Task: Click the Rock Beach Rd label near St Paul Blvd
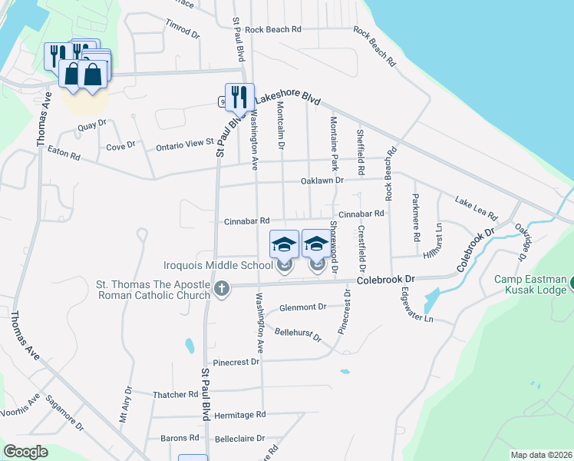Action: pos(273,29)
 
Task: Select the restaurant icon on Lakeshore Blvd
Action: pos(239,97)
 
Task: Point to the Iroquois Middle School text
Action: pos(218,266)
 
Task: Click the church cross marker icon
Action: pos(221,289)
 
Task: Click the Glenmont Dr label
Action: pos(302,307)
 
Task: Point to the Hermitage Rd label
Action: pos(240,415)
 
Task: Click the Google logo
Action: pos(26,452)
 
